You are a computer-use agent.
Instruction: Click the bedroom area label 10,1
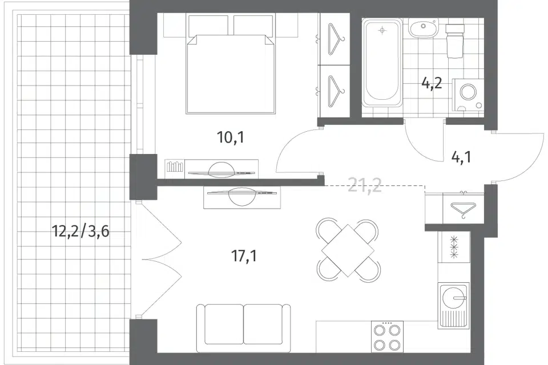[231, 137]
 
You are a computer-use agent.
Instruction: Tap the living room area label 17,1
[244, 256]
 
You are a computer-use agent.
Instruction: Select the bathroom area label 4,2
[432, 84]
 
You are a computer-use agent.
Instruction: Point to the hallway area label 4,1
[461, 157]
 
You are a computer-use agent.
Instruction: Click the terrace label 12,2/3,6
[80, 231]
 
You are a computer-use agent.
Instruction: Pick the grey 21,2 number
[365, 185]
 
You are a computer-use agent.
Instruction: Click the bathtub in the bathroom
[381, 63]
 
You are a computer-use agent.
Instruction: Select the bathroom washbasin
[423, 29]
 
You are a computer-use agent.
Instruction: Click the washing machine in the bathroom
[468, 95]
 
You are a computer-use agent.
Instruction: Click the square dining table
[348, 250]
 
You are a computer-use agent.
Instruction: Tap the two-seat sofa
[243, 328]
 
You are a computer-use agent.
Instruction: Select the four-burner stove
[387, 336]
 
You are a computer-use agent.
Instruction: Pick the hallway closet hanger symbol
[463, 210]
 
